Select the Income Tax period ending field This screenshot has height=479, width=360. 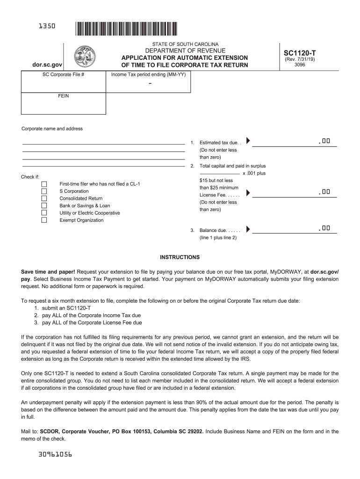pos(149,84)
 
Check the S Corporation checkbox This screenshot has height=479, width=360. pos(44,191)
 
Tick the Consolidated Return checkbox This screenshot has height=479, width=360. pos(44,198)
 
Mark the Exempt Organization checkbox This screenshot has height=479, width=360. pos(44,220)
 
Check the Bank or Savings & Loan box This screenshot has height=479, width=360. pos(44,205)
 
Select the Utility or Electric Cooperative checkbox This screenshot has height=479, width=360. pos(44,213)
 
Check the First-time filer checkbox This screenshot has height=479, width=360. pos(44,184)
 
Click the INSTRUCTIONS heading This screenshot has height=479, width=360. pos(180,257)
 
